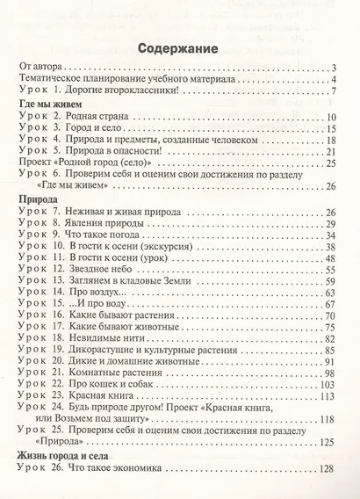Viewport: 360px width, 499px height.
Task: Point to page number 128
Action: (328, 469)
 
